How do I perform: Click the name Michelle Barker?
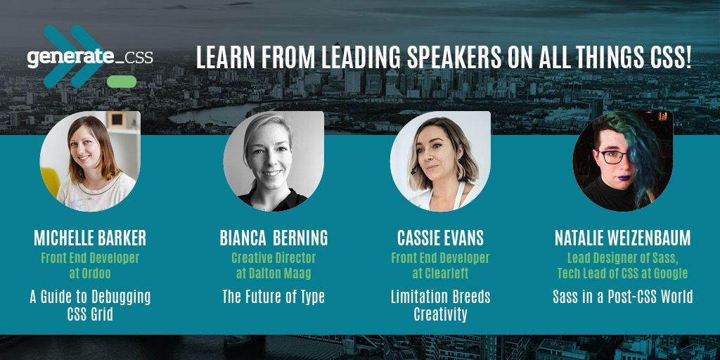[90, 238]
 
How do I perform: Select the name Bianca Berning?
[274, 238]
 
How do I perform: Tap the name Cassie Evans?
[440, 238]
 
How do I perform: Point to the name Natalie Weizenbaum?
[623, 238]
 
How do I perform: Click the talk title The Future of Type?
[274, 297]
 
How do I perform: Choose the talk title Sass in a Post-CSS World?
[623, 297]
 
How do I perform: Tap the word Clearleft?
[446, 274]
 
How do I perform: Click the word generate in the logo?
[70, 58]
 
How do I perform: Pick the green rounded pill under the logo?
[122, 82]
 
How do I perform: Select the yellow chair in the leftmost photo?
[49, 181]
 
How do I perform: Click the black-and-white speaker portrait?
[274, 161]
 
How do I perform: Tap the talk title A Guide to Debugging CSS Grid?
[90, 305]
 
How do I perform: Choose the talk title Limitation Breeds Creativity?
[440, 305]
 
